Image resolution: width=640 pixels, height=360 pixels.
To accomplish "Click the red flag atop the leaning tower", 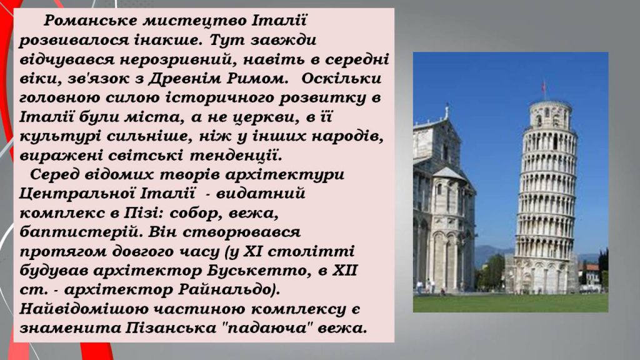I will click(x=543, y=85).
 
